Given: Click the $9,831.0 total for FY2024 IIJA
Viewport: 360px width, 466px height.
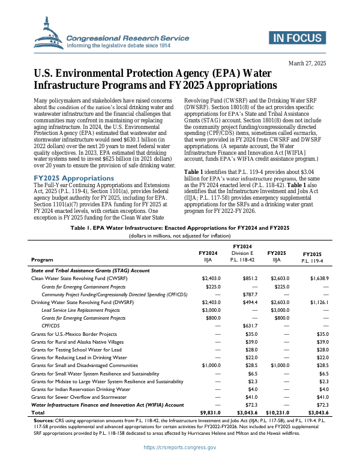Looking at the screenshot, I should pyautogui.click(x=210, y=413).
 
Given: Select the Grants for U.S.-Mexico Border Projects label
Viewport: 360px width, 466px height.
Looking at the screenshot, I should pyautogui.click(x=74, y=333).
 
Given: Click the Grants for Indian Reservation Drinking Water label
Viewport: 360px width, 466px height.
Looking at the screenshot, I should pyautogui.click(x=80, y=389).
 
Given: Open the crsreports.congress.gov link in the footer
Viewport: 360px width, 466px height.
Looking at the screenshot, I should pyautogui.click(x=180, y=447).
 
